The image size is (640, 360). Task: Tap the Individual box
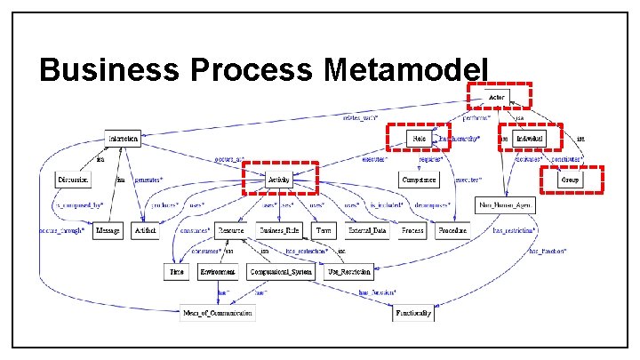pyautogui.click(x=532, y=138)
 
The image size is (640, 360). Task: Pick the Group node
pyautogui.click(x=570, y=180)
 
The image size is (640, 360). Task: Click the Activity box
pyautogui.click(x=279, y=179)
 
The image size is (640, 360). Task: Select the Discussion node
pyautogui.click(x=73, y=180)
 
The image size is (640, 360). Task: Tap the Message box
pyautogui.click(x=108, y=230)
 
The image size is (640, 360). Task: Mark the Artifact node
pyautogui.click(x=144, y=230)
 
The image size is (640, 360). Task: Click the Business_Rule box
pyautogui.click(x=277, y=230)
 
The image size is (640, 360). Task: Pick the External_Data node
pyautogui.click(x=367, y=230)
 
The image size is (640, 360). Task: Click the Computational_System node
pyautogui.click(x=281, y=271)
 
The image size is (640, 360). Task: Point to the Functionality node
pyautogui.click(x=413, y=313)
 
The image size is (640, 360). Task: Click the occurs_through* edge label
pyautogui.click(x=61, y=228)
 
